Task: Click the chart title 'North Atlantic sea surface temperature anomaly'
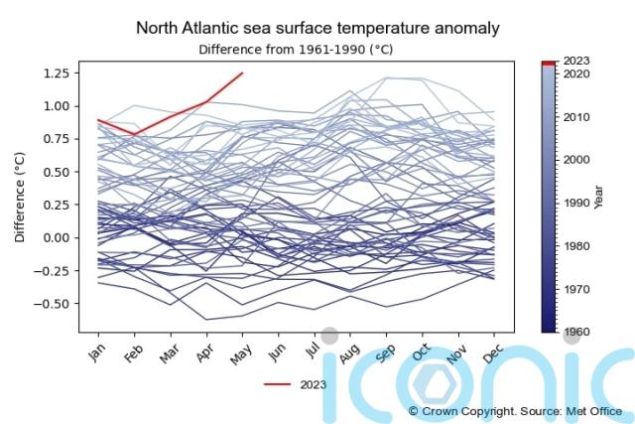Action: click(x=317, y=28)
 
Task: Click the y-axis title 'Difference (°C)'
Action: click(x=20, y=197)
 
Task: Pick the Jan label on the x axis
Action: click(x=96, y=353)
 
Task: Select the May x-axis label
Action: click(x=241, y=353)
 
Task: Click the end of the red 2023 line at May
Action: click(x=242, y=72)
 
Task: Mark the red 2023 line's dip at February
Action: click(x=135, y=133)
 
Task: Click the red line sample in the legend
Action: click(x=277, y=384)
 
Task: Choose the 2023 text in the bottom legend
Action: click(x=313, y=384)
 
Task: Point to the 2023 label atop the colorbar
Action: click(x=576, y=61)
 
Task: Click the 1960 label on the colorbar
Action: click(x=576, y=332)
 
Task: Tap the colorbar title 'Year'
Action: click(x=597, y=197)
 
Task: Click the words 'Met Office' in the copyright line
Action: click(x=593, y=411)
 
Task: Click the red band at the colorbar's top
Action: click(x=549, y=63)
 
